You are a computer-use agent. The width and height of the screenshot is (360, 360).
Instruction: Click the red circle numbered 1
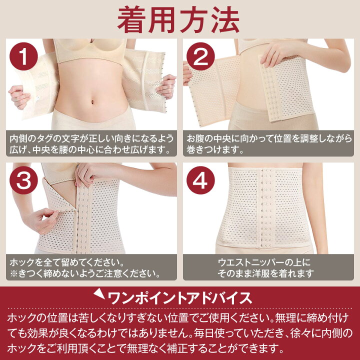(x=23, y=56)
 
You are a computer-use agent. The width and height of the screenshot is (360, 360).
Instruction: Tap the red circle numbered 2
(x=200, y=56)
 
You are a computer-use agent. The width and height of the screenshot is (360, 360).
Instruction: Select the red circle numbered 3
(x=23, y=180)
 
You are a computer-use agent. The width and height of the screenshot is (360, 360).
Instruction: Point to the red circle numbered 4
(x=200, y=180)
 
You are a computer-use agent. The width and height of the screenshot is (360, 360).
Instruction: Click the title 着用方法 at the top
(x=178, y=20)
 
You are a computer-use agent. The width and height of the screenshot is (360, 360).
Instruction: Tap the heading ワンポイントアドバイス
(x=180, y=298)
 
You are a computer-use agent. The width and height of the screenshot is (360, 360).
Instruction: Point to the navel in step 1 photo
(x=92, y=101)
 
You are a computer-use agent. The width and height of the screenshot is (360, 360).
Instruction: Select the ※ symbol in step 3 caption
(x=14, y=273)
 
